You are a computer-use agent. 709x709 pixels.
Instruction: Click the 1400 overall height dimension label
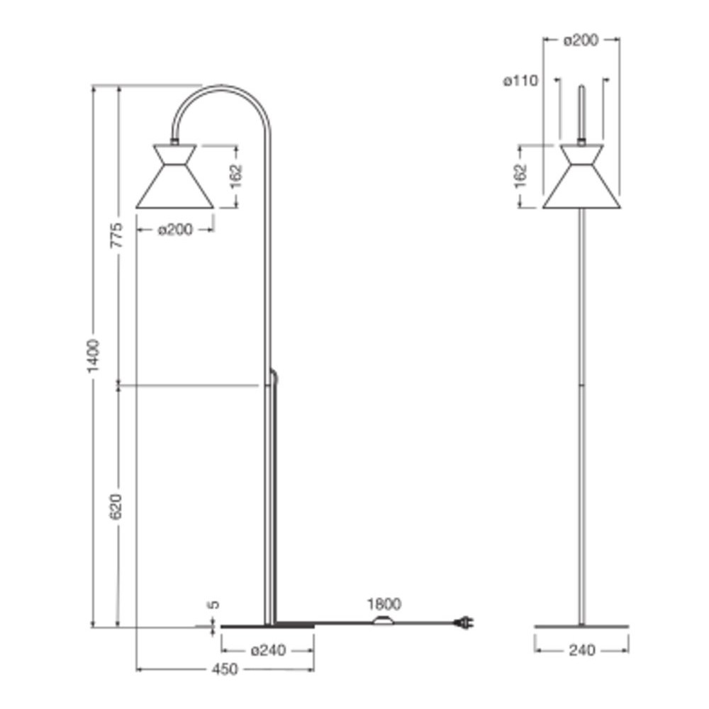[93, 356]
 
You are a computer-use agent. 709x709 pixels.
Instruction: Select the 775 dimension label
[117, 235]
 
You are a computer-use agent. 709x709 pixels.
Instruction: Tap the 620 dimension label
[117, 506]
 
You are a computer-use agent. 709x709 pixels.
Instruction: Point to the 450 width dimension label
[224, 669]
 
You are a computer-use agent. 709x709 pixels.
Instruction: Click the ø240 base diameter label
[268, 650]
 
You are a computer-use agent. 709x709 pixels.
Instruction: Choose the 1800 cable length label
[384, 603]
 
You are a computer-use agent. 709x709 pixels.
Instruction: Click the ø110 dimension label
[521, 81]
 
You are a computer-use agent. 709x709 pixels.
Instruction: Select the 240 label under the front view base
[582, 650]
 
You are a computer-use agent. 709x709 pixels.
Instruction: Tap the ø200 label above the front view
[581, 40]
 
